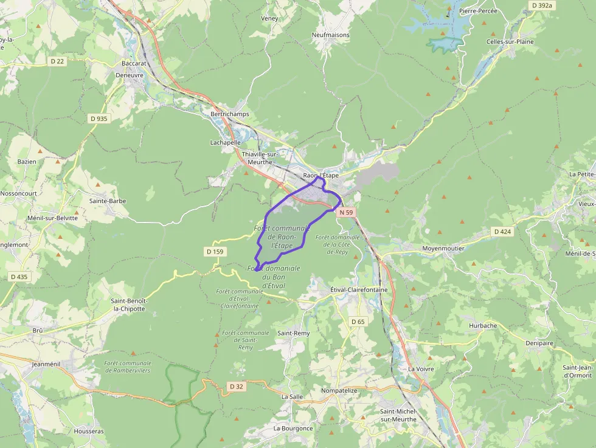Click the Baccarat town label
pos(134,63)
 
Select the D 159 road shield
pos(215,252)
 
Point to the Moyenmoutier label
pos(443,249)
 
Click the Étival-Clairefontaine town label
pos(359,290)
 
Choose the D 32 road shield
pos(237,386)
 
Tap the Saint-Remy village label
pos(294,333)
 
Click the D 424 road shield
pos(503,232)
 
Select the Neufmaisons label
pos(331,35)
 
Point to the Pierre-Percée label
pos(478,11)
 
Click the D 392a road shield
pos(541,5)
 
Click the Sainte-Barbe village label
pos(108,201)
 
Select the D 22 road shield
pos(57,61)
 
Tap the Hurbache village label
pos(483,326)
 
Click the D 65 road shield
pos(358,322)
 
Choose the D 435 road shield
pos(19,277)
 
